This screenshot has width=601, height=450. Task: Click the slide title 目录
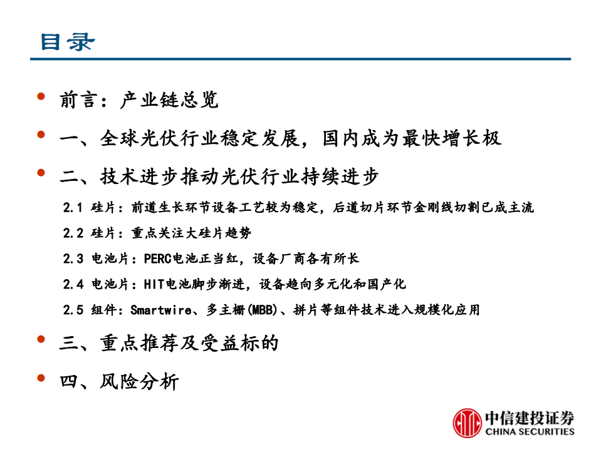point(68,41)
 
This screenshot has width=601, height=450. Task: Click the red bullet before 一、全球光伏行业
point(41,135)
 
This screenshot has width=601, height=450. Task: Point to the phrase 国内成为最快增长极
point(412,138)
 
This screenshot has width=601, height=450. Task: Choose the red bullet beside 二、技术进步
point(41,173)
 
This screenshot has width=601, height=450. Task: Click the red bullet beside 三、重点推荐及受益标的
point(41,339)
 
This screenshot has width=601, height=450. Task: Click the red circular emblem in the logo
point(468,422)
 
